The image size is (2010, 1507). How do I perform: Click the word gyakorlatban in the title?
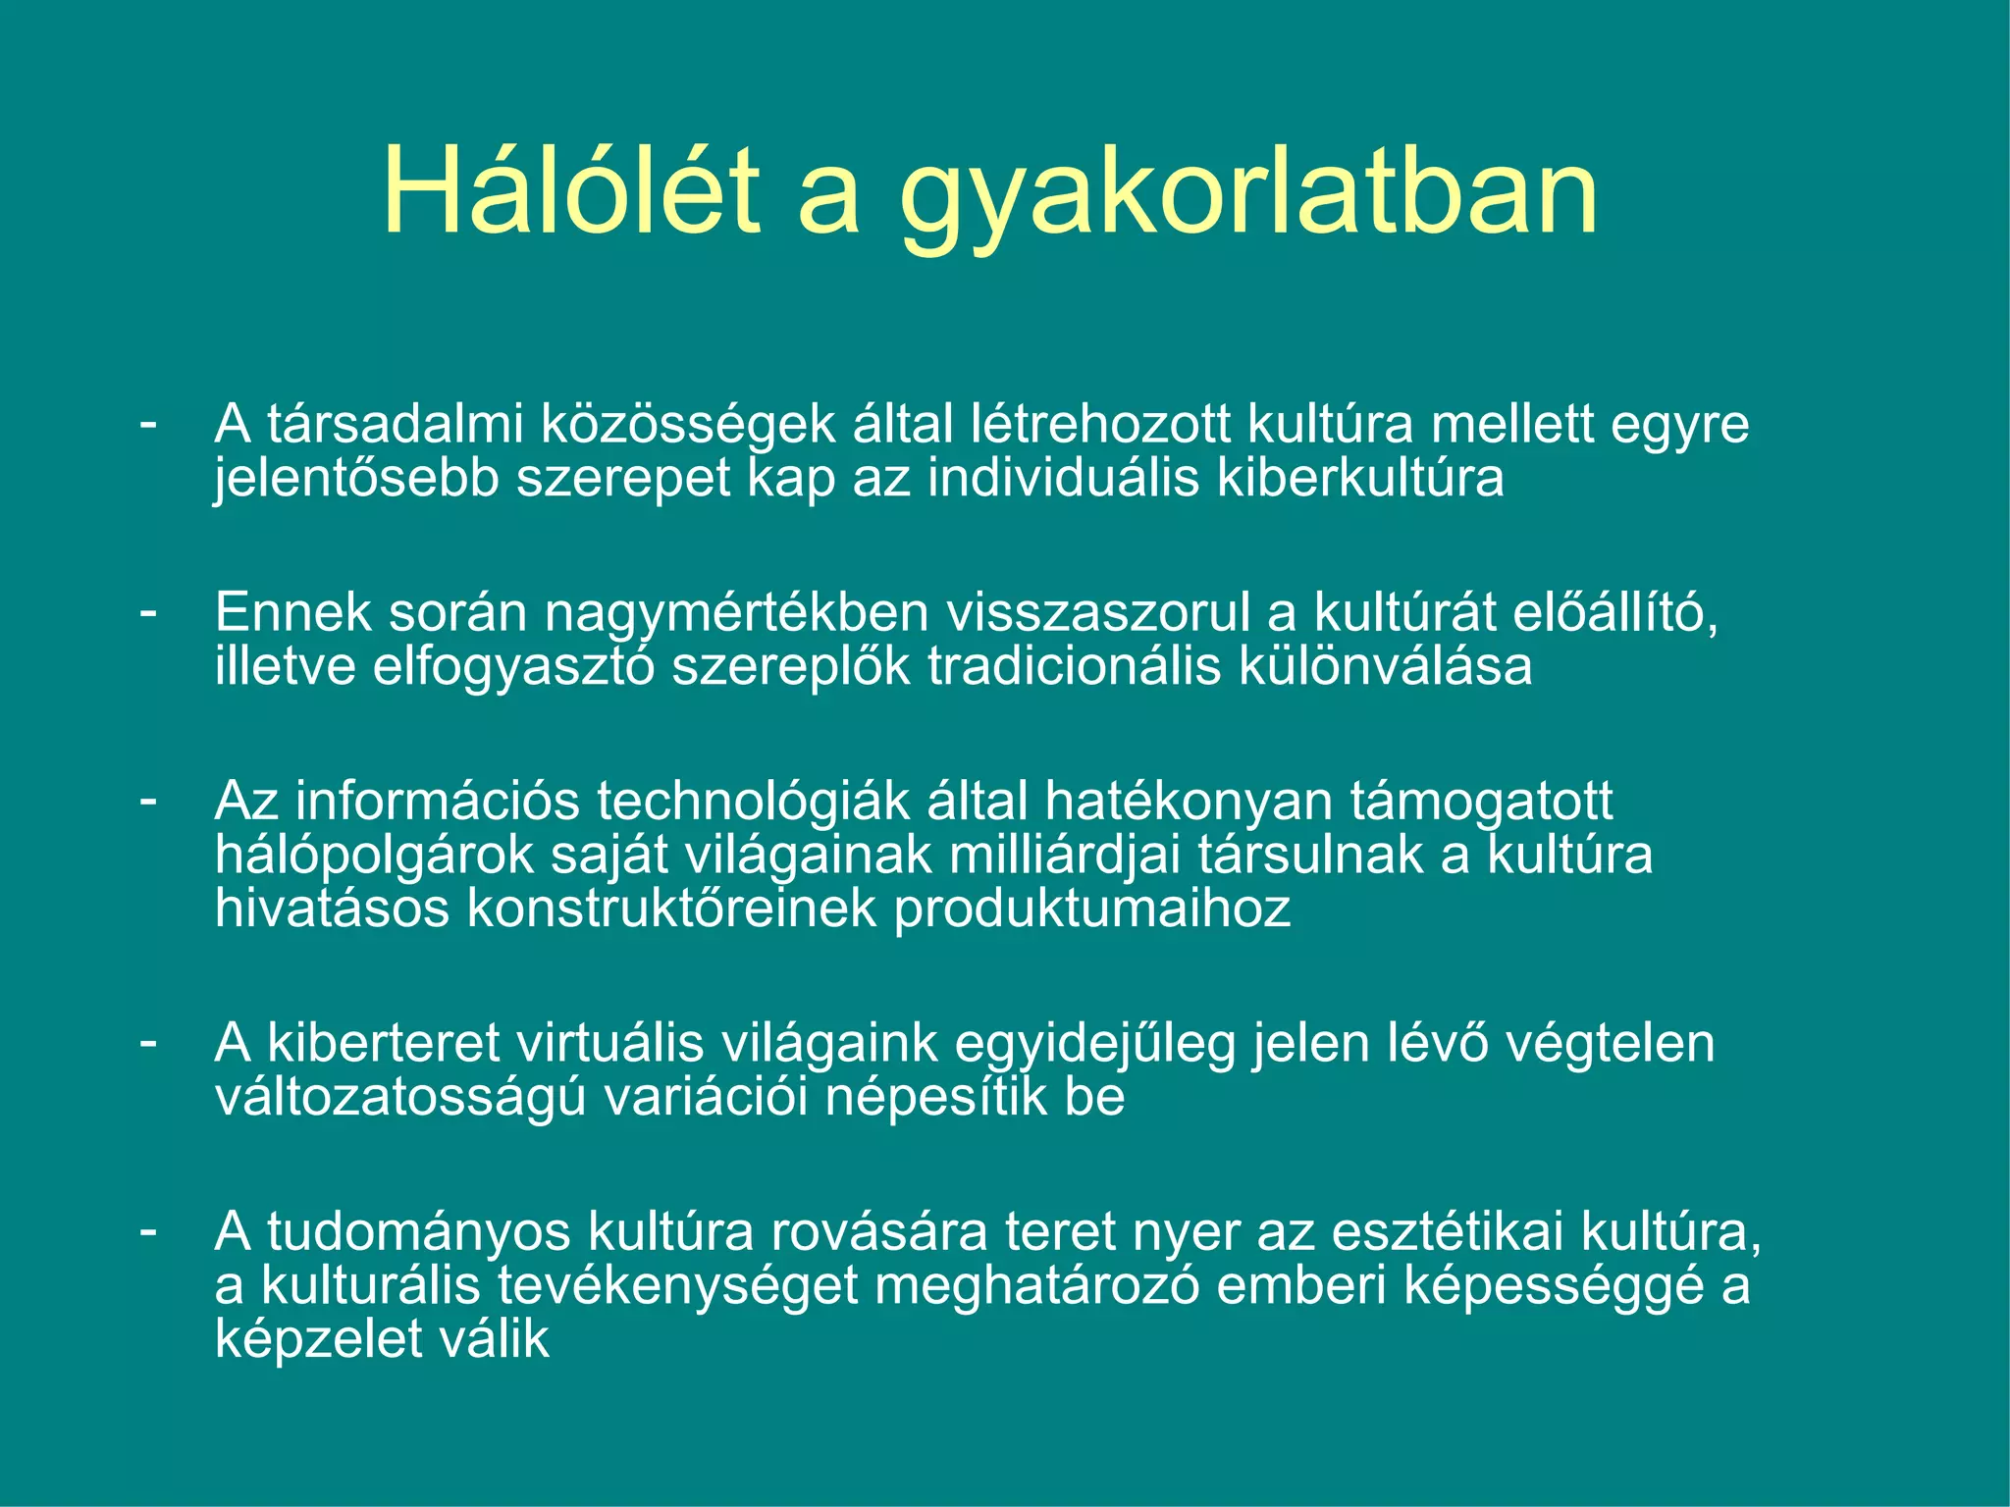pos(1248,196)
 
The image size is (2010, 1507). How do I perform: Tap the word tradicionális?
pos(1075,667)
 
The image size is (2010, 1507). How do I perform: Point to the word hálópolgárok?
pos(374,856)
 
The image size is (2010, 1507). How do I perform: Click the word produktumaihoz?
pos(1091,909)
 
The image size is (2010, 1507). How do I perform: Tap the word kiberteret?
pos(384,1043)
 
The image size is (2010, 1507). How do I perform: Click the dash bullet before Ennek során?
pos(148,611)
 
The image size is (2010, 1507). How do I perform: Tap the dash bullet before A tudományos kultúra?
pos(148,1229)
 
